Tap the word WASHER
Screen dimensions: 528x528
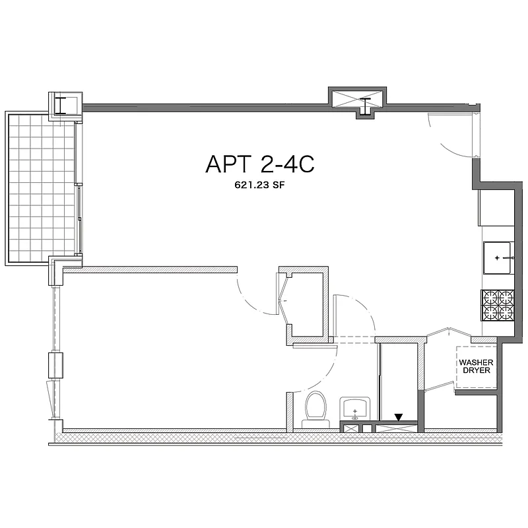point(477,362)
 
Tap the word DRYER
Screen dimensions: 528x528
point(477,372)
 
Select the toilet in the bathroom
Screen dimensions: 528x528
point(315,407)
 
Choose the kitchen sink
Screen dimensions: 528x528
point(498,257)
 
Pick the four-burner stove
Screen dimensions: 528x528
point(498,304)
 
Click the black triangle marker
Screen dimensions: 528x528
point(398,417)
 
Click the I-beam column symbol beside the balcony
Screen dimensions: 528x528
point(65,106)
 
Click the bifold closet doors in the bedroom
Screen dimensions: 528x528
point(284,303)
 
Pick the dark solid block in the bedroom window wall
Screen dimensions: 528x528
point(53,365)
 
